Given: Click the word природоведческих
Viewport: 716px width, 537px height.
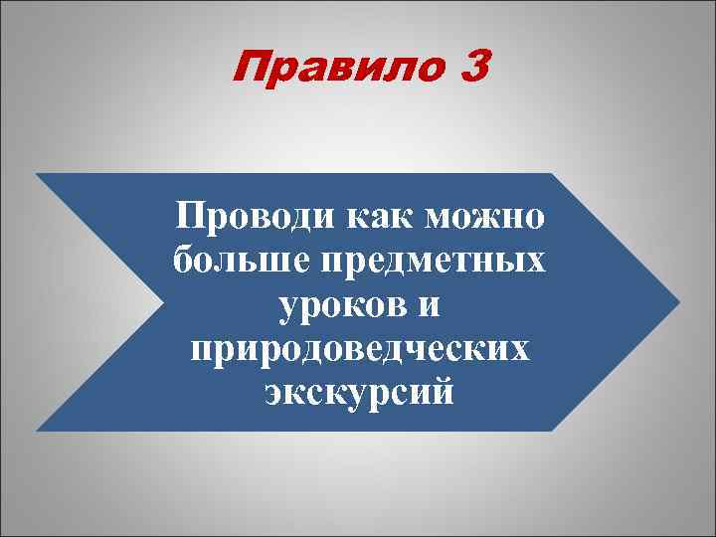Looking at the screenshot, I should tap(359, 350).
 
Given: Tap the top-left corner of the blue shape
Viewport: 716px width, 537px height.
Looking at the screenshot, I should tap(37, 174).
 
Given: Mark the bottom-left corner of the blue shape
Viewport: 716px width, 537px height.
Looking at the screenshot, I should tap(37, 431).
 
